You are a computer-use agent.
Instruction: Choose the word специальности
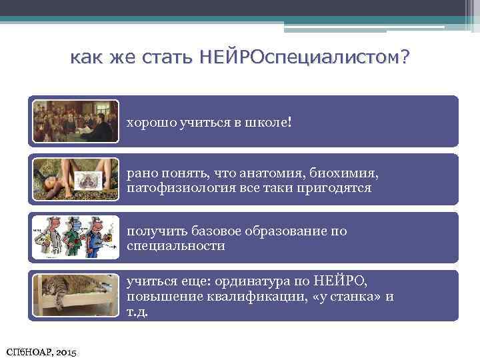[x=175, y=246]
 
